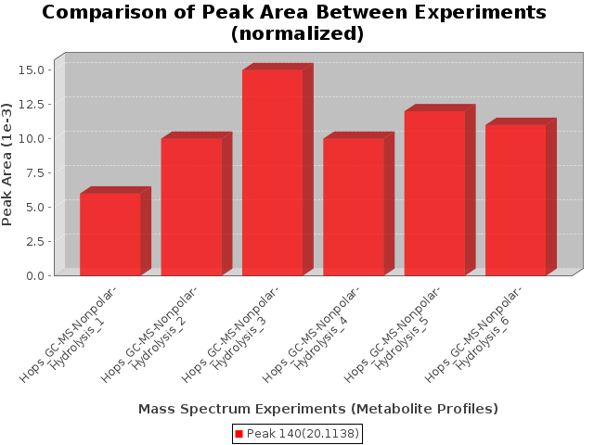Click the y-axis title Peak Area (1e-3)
[6, 165]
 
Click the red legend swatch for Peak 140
[239, 434]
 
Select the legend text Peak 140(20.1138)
[303, 434]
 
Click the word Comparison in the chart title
[105, 12]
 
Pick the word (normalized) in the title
[297, 33]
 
